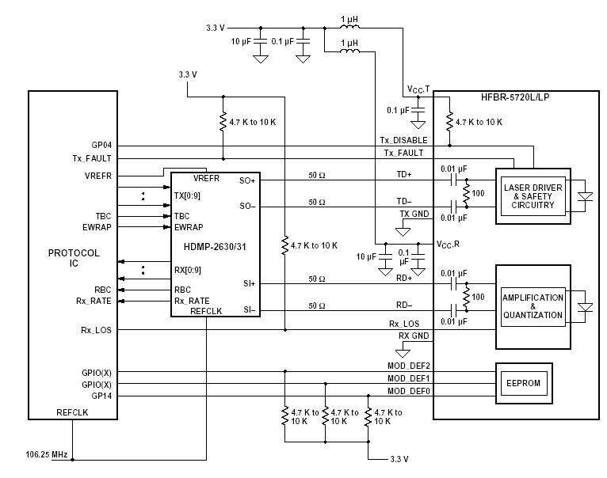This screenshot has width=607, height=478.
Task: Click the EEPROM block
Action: click(522, 383)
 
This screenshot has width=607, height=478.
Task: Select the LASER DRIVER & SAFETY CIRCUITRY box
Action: click(532, 196)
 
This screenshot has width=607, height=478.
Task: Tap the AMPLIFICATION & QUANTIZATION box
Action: click(533, 306)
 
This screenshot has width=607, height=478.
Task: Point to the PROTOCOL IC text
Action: click(74, 258)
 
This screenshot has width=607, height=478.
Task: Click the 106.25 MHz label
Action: click(47, 455)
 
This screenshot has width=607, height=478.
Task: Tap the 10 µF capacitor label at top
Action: click(241, 40)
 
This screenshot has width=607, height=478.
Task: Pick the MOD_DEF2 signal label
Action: click(408, 366)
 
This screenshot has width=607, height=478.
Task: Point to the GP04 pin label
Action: click(102, 146)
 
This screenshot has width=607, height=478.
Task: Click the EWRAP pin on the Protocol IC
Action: click(97, 227)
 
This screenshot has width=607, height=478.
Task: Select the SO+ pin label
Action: click(246, 180)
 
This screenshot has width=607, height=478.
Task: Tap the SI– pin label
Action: click(248, 309)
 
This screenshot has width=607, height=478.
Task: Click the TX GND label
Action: click(414, 214)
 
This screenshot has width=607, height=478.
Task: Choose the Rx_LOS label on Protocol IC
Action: click(95, 329)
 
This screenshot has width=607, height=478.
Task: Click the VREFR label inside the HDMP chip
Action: click(207, 178)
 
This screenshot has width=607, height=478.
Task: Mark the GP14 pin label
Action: click(101, 396)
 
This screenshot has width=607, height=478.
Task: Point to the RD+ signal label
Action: click(403, 278)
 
